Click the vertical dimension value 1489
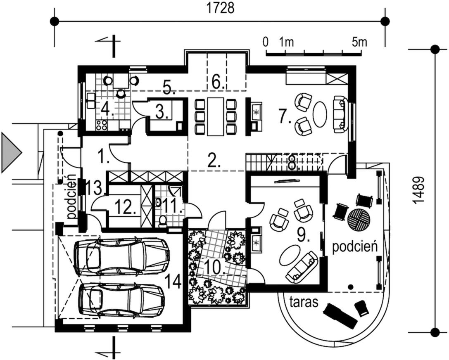pos(420,190)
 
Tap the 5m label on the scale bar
pos(359,42)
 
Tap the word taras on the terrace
pos(303,302)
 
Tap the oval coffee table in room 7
pos(320,114)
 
